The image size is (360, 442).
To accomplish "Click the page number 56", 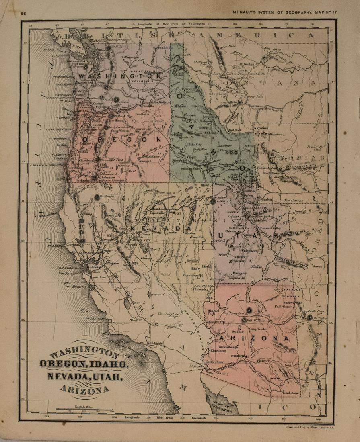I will pyautogui.click(x=24, y=13).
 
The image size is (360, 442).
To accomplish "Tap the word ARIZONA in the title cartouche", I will pyautogui.click(x=85, y=389).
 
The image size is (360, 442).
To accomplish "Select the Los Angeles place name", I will pyautogui.click(x=156, y=343).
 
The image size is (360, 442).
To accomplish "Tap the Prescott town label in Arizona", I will pyautogui.click(x=238, y=332).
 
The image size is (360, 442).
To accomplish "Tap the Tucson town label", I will pyautogui.click(x=274, y=378).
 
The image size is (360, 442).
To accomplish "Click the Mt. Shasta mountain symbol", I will pyautogui.click(x=97, y=197).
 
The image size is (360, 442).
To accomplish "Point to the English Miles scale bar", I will pyautogui.click(x=85, y=410).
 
